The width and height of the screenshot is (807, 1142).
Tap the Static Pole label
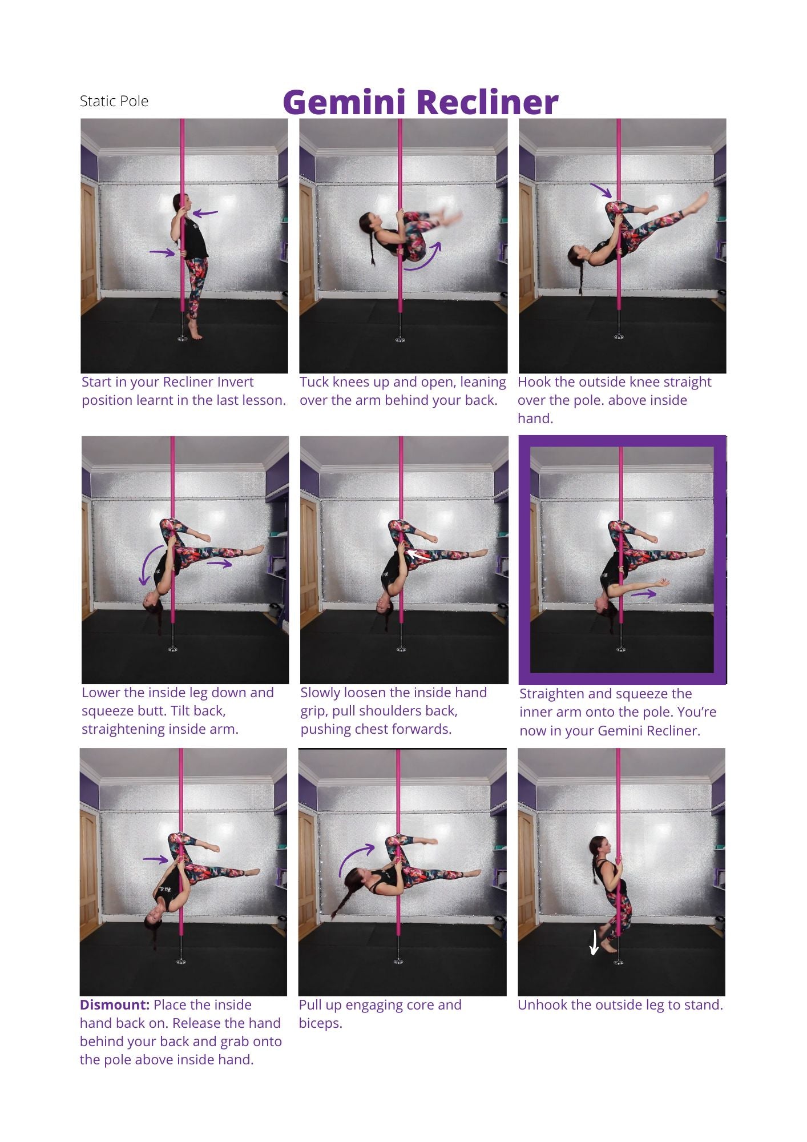coord(114,102)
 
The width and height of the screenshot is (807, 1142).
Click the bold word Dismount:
coord(115,1004)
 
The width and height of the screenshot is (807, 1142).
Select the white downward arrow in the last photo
coord(594,942)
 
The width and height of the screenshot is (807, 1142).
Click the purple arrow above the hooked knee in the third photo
coord(600,191)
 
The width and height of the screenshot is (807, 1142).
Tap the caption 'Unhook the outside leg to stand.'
coord(620,1005)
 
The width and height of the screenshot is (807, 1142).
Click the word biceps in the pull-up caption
coord(320,1023)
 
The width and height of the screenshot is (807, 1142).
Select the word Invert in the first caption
coord(235,382)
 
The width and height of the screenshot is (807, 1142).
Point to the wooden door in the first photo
coord(89,239)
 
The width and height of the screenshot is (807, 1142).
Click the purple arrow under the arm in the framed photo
coord(644,594)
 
